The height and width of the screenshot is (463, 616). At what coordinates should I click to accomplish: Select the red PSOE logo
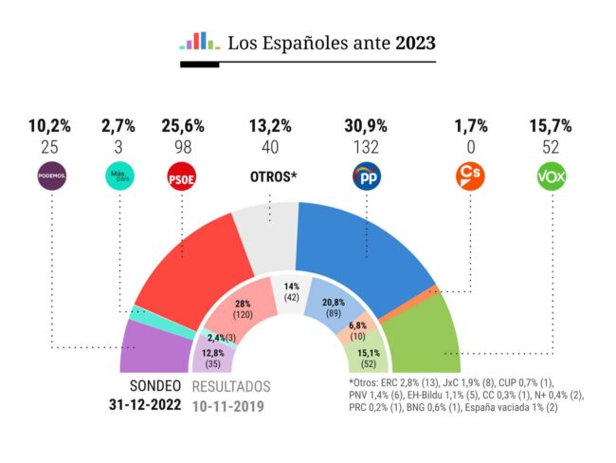(182, 176)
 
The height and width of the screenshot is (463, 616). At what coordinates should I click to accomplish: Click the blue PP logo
(366, 176)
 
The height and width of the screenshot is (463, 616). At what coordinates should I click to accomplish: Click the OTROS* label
(272, 177)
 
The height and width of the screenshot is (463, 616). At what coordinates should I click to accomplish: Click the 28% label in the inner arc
(244, 306)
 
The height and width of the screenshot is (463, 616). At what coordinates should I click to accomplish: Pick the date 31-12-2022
(145, 406)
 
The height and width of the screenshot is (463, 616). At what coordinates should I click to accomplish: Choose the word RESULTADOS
(231, 387)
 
